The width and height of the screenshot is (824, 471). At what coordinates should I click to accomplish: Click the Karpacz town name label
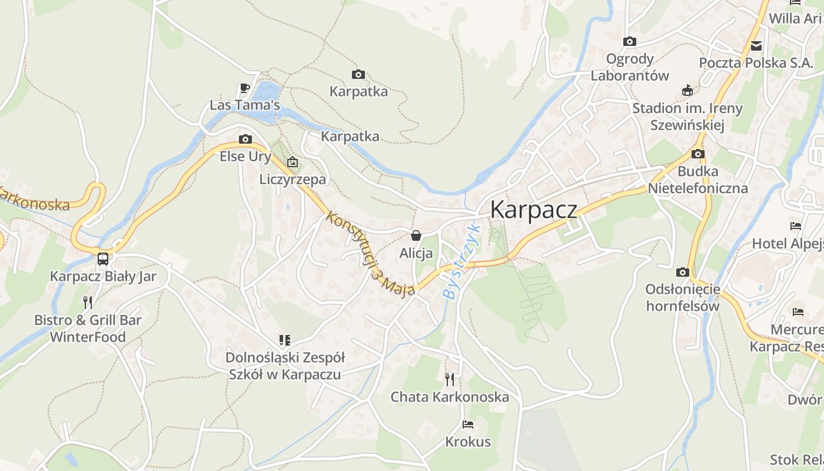click(x=533, y=210)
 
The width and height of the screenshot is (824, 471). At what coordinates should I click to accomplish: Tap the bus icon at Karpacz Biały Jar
click(x=103, y=258)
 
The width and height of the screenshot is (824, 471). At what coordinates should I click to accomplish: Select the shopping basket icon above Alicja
click(x=416, y=236)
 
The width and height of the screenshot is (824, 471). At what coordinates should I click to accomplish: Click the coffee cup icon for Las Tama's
click(x=245, y=88)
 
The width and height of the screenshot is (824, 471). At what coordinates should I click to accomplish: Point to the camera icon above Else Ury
click(x=245, y=140)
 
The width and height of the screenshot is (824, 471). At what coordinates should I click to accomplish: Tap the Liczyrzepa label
click(x=293, y=180)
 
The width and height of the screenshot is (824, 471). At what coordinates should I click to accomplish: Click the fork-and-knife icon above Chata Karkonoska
click(x=450, y=379)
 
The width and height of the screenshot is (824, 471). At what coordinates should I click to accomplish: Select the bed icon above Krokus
click(x=468, y=424)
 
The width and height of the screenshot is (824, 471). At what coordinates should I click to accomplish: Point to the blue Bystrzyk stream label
click(x=462, y=263)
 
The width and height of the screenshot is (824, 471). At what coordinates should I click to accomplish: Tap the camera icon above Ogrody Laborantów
click(x=630, y=41)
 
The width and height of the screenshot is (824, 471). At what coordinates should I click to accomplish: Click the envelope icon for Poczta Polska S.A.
click(x=756, y=45)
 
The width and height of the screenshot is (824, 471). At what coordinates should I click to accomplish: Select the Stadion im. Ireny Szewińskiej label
click(x=687, y=117)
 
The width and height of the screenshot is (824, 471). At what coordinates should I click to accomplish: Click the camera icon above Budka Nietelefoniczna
click(x=698, y=154)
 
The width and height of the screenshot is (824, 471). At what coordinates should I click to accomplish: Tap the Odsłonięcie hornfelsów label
click(x=683, y=297)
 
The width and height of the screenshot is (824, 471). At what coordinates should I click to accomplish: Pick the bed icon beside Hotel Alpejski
click(x=796, y=226)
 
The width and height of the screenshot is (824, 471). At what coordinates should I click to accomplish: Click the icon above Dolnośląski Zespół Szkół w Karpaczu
click(x=285, y=340)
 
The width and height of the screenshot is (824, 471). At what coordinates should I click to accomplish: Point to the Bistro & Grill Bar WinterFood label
click(x=88, y=329)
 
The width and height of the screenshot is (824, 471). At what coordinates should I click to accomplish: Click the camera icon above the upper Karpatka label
click(x=358, y=74)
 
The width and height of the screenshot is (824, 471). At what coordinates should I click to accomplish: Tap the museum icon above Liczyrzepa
click(x=293, y=162)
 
